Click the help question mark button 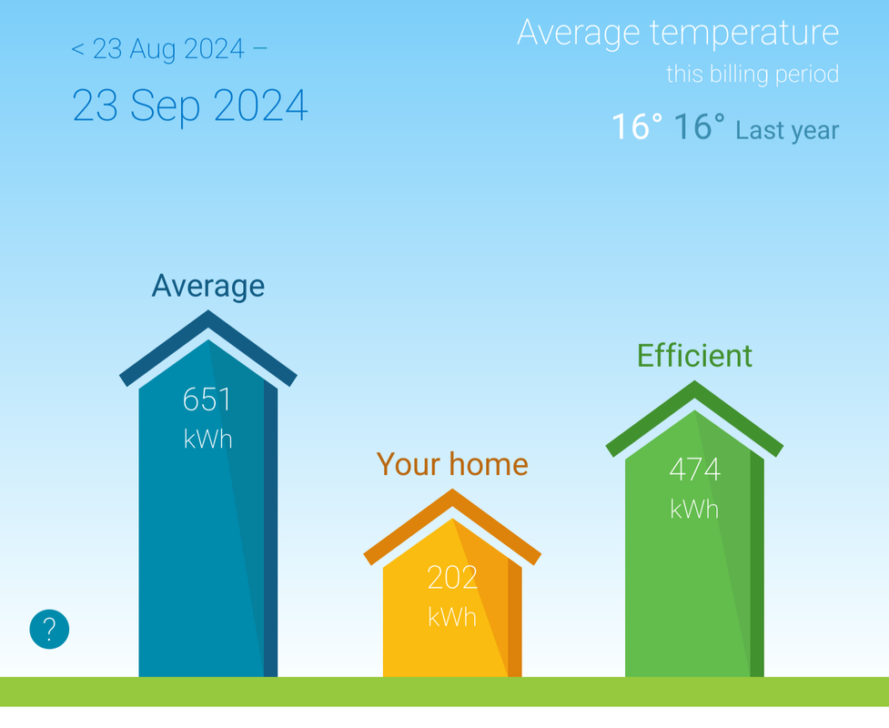tap(49, 629)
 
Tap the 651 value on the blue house tap(207, 399)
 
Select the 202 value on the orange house tap(452, 578)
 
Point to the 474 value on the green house tap(694, 470)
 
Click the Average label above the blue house tap(208, 286)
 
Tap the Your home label tap(452, 464)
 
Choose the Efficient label tap(694, 356)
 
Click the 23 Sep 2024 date tap(190, 106)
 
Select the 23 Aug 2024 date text tap(168, 49)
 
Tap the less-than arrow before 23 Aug tap(77, 49)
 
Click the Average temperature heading tap(678, 33)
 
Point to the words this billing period tap(753, 75)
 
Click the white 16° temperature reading tap(637, 126)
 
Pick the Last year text tap(787, 130)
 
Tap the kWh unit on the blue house tap(207, 440)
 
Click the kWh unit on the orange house tap(452, 618)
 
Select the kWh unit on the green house tap(694, 510)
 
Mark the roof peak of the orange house tap(452, 490)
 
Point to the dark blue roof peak tap(208, 310)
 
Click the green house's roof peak tap(694, 381)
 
